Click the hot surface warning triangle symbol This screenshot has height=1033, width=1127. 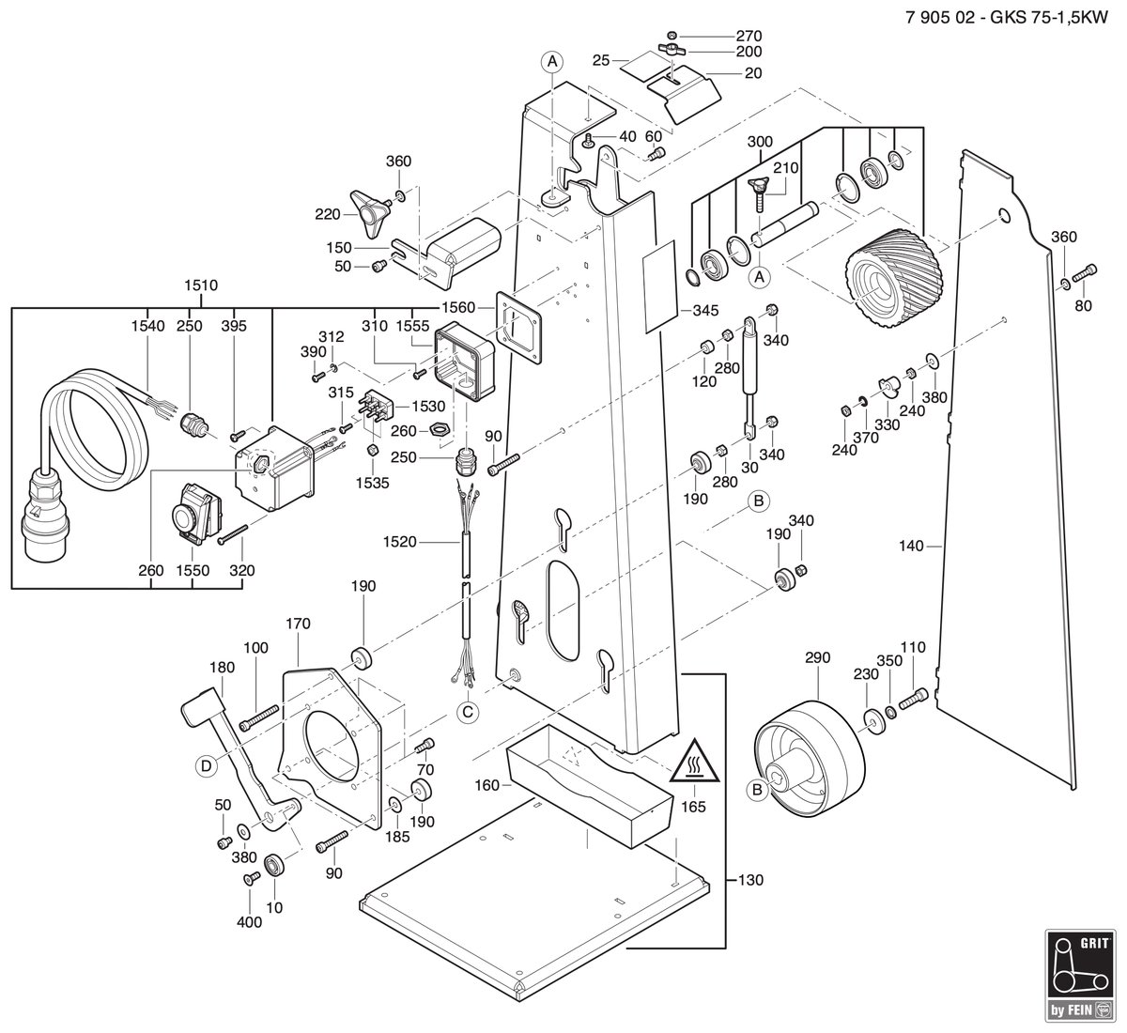pyautogui.click(x=694, y=763)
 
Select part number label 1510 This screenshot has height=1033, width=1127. pyautogui.click(x=201, y=285)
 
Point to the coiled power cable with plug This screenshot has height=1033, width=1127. pyautogui.click(x=85, y=461)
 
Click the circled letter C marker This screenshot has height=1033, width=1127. pyautogui.click(x=468, y=713)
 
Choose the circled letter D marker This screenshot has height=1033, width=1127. pyautogui.click(x=207, y=766)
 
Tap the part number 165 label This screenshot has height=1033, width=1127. pyautogui.click(x=693, y=807)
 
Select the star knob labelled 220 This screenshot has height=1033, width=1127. pyautogui.click(x=368, y=213)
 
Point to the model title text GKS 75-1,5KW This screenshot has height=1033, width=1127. pyautogui.click(x=1049, y=18)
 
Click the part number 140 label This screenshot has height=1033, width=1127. pyautogui.click(x=911, y=546)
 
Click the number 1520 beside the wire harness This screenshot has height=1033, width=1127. pyautogui.click(x=399, y=543)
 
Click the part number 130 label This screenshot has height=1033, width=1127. pyautogui.click(x=750, y=880)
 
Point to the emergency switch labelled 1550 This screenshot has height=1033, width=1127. pyautogui.click(x=197, y=513)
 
